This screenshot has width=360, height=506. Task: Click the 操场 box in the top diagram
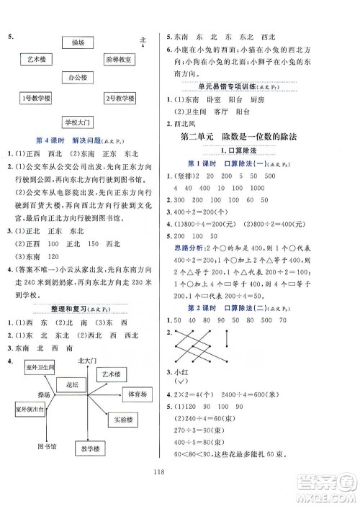[x=79, y=44]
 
